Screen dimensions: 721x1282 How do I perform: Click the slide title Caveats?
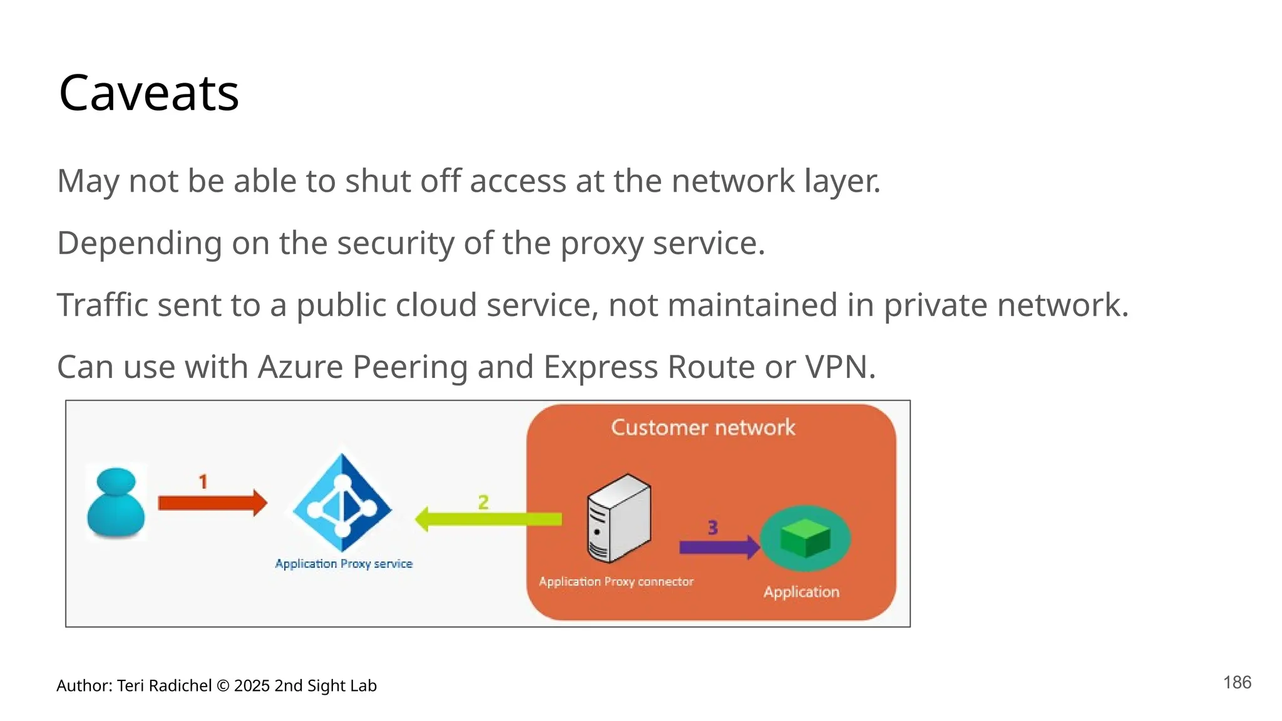148,93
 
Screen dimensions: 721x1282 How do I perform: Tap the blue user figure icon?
116,503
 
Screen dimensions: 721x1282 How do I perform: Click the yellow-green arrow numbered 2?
488,519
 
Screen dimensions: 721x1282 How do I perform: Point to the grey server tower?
618,518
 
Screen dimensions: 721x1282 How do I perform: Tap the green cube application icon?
805,538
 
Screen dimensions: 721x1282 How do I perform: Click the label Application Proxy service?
344,563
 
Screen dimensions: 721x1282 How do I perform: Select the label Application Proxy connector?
616,581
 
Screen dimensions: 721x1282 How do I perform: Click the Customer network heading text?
703,427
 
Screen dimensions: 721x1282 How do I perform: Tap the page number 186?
1237,682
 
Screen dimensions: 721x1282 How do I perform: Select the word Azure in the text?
300,367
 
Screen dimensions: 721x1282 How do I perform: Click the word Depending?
139,243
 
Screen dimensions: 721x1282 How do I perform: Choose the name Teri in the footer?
130,685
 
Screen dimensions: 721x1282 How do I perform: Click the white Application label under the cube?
801,591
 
